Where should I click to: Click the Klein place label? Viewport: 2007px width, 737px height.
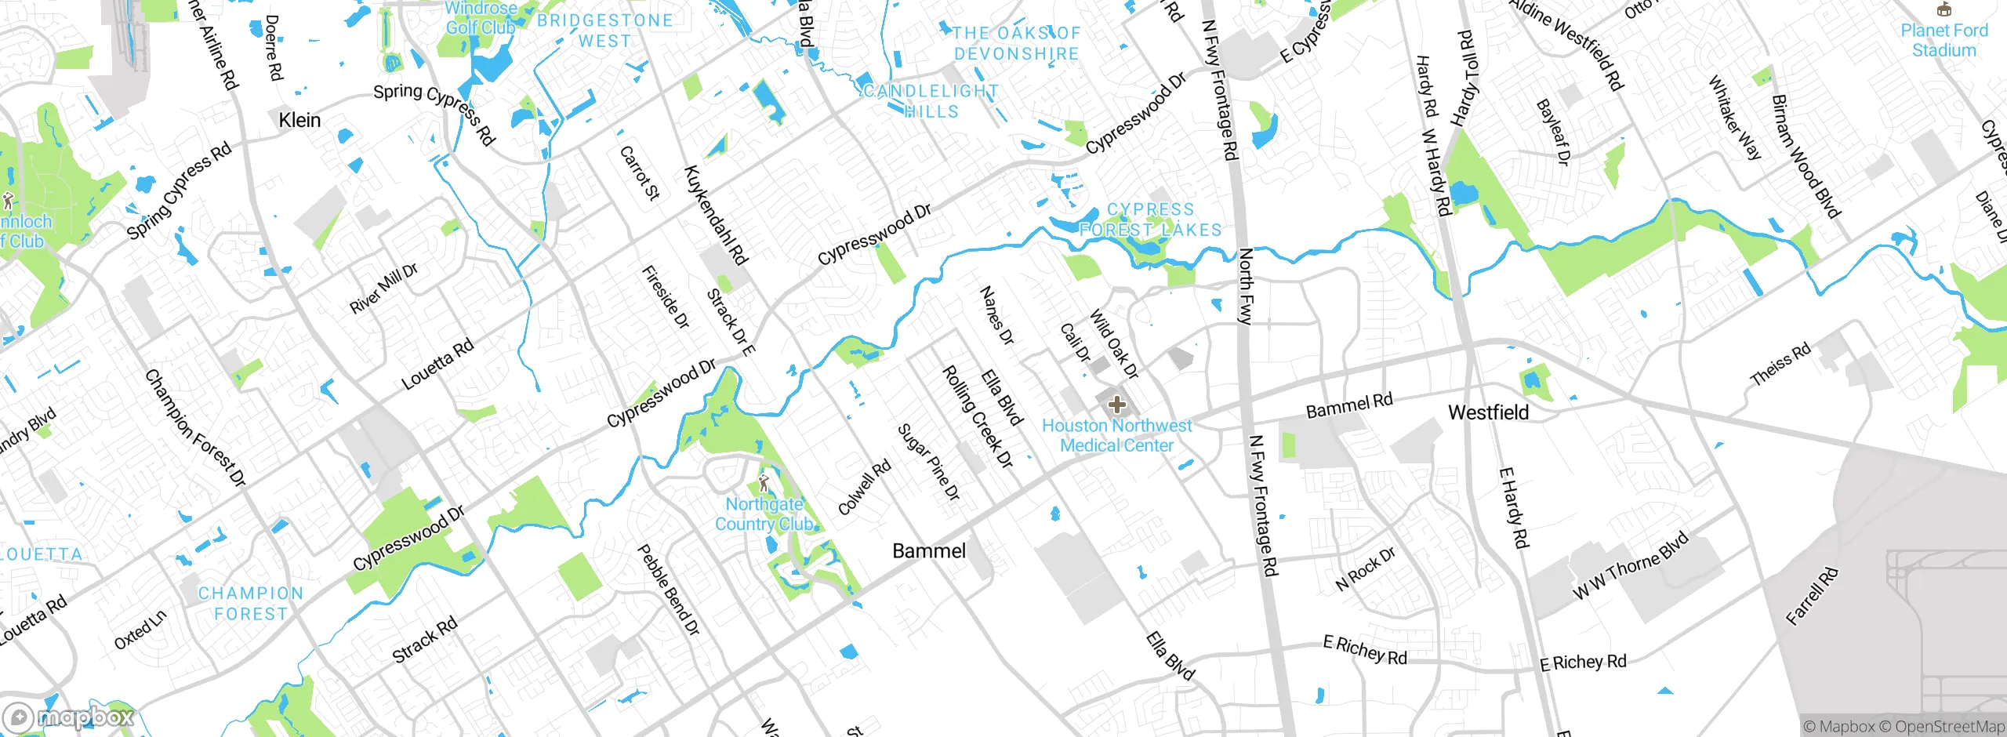click(x=299, y=120)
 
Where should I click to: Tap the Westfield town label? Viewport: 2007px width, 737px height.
click(x=1488, y=412)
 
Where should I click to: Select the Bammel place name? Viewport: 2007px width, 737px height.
click(x=929, y=551)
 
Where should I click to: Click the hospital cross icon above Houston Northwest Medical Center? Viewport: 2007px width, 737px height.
click(x=1117, y=405)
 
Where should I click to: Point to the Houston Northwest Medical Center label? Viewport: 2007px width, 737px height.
click(x=1116, y=435)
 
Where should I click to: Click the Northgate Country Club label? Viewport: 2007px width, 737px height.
click(x=764, y=514)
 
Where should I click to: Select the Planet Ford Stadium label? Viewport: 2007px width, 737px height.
click(x=1943, y=40)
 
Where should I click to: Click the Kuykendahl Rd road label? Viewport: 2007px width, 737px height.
click(x=716, y=214)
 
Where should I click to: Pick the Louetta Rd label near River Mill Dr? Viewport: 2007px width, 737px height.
click(x=437, y=364)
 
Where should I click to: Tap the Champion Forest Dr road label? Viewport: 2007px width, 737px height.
click(x=195, y=428)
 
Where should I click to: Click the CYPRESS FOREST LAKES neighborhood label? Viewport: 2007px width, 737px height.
click(x=1150, y=220)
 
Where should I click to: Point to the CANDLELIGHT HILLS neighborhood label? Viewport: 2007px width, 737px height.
click(x=931, y=101)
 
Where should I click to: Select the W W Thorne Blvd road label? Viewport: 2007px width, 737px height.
click(x=1631, y=566)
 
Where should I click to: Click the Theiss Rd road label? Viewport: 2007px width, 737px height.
click(x=1780, y=364)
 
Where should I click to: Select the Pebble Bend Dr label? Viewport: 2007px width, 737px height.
click(x=668, y=590)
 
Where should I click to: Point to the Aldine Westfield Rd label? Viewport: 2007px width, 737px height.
click(x=1567, y=44)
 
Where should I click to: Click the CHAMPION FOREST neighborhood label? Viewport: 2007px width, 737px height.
click(x=251, y=604)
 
